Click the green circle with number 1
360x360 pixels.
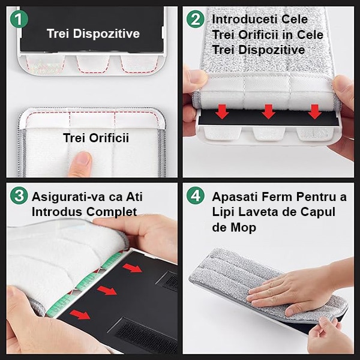(19, 19)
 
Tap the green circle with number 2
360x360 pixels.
(195, 19)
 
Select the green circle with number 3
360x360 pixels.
(19, 196)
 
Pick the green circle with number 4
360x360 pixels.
(195, 196)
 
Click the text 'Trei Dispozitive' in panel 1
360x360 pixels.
(93, 34)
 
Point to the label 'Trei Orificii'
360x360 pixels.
(96, 138)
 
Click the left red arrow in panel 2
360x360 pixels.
(223, 111)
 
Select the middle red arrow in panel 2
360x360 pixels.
(269, 111)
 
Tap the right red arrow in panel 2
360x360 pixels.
(314, 111)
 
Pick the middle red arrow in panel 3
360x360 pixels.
(106, 290)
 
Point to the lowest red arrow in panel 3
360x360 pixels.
(79, 314)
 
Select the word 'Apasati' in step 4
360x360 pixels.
(233, 196)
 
